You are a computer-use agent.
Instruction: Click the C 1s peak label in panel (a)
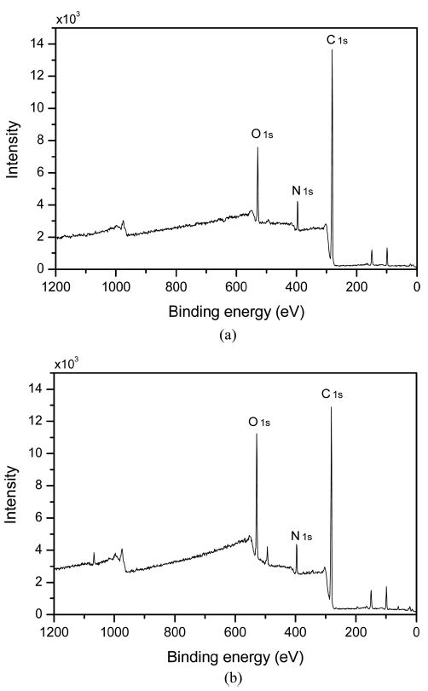pyautogui.click(x=336, y=39)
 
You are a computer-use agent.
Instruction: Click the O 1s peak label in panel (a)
pyautogui.click(x=261, y=134)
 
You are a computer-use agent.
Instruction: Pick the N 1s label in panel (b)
pyautogui.click(x=302, y=536)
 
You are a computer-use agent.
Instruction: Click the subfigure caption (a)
pyautogui.click(x=228, y=336)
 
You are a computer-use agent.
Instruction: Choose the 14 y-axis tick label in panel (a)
pyautogui.click(x=38, y=43)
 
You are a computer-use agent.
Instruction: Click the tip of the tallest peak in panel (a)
pyautogui.click(x=333, y=49)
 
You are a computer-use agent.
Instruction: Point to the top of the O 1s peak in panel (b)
pyautogui.click(x=257, y=434)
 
